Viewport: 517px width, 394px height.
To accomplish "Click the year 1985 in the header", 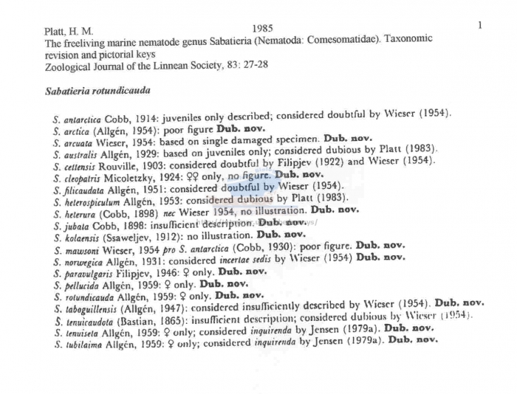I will (262, 28).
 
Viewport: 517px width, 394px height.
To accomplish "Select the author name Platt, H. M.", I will (69, 32).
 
